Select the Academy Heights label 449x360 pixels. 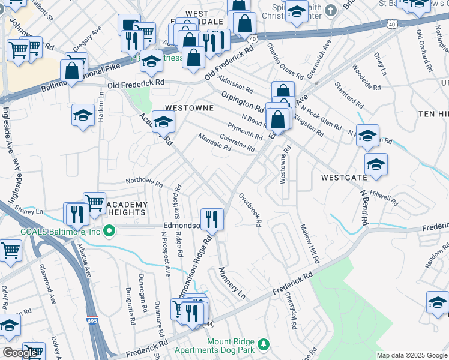click(x=126, y=208)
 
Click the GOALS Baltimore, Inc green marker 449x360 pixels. click(x=109, y=230)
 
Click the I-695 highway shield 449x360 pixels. click(x=92, y=321)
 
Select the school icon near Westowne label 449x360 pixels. click(x=163, y=122)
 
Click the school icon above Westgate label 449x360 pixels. click(x=376, y=164)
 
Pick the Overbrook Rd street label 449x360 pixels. click(x=250, y=209)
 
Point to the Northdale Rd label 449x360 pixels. click(x=144, y=181)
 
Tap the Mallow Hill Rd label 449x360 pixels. click(x=307, y=243)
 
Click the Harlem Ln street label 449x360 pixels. click(x=102, y=109)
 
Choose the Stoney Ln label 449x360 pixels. click(x=29, y=211)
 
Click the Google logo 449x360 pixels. click(x=20, y=353)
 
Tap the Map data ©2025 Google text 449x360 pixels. click(x=411, y=355)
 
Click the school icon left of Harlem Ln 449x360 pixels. click(x=83, y=116)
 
